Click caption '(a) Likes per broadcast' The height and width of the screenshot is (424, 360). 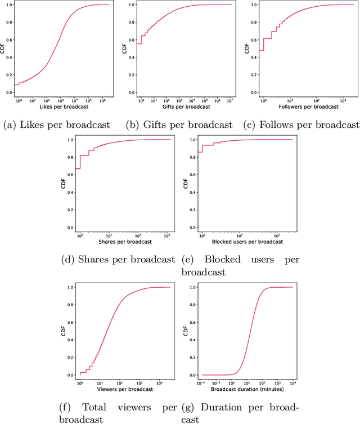(x=59, y=124)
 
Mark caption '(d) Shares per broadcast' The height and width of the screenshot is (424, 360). (x=119, y=260)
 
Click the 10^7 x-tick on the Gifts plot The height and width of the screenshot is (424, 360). (x=229, y=100)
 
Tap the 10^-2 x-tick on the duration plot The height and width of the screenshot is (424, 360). (x=202, y=383)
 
